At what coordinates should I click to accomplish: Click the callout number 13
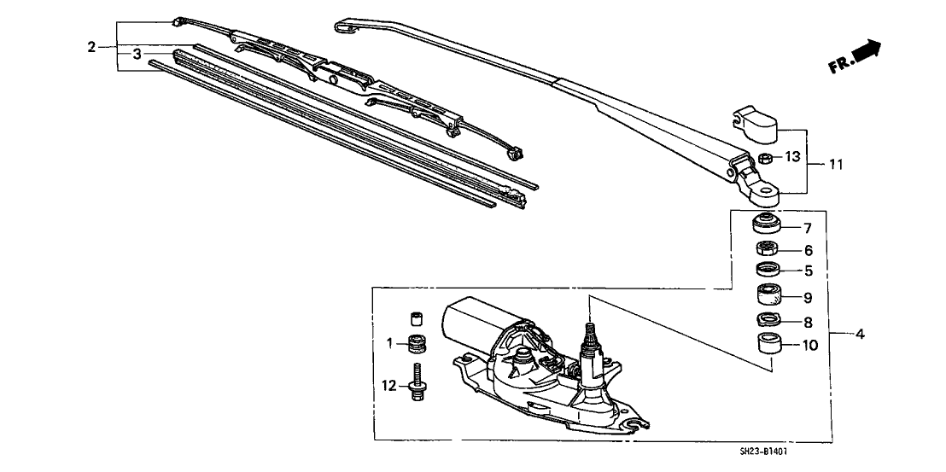coord(791,158)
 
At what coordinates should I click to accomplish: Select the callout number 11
coord(836,164)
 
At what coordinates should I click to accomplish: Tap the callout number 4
coord(860,334)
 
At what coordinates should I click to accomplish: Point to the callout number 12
coord(389,385)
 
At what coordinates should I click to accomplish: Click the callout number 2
coord(91,46)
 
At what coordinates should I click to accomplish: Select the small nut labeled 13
coord(765,159)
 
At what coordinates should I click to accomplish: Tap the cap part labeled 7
coord(768,224)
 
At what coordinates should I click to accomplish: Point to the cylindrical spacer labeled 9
coord(768,294)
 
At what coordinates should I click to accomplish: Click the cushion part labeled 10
coord(769,344)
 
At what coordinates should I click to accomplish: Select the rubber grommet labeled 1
coord(414,344)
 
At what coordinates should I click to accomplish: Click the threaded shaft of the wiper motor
coord(589,334)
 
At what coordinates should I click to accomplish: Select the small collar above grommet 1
coord(414,318)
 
